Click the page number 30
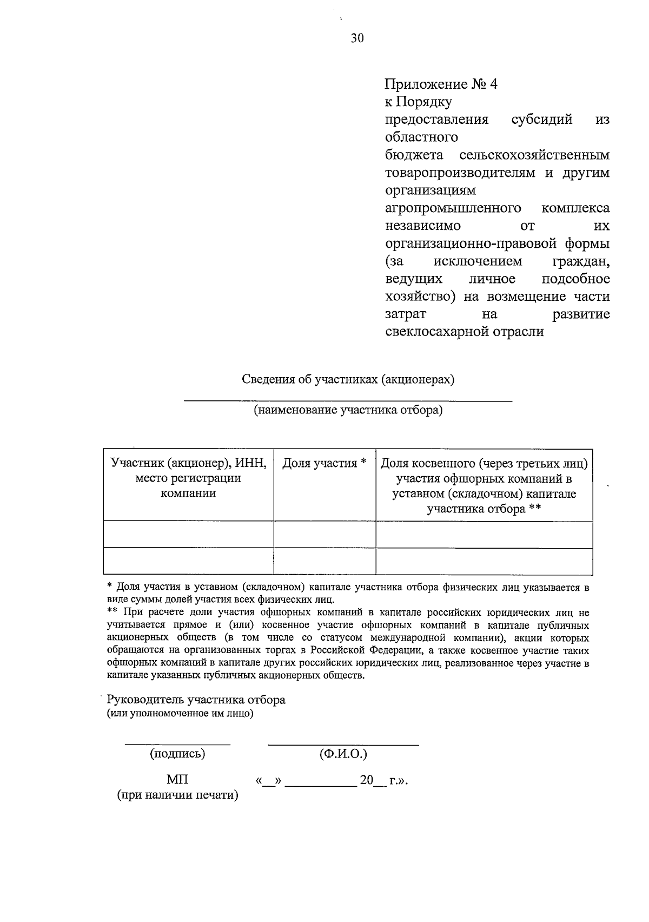click(357, 38)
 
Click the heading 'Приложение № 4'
click(440, 84)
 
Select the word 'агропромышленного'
click(453, 208)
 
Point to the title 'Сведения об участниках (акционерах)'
click(348, 379)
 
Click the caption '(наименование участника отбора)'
click(348, 410)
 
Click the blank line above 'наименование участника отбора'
click(348, 400)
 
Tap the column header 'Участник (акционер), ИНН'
click(188, 463)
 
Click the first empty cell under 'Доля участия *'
click(325, 535)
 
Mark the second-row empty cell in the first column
click(188, 561)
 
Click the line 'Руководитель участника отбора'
click(196, 700)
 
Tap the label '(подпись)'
click(177, 754)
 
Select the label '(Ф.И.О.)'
click(343, 754)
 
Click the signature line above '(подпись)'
click(177, 745)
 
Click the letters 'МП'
click(177, 779)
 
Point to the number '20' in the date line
click(367, 780)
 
